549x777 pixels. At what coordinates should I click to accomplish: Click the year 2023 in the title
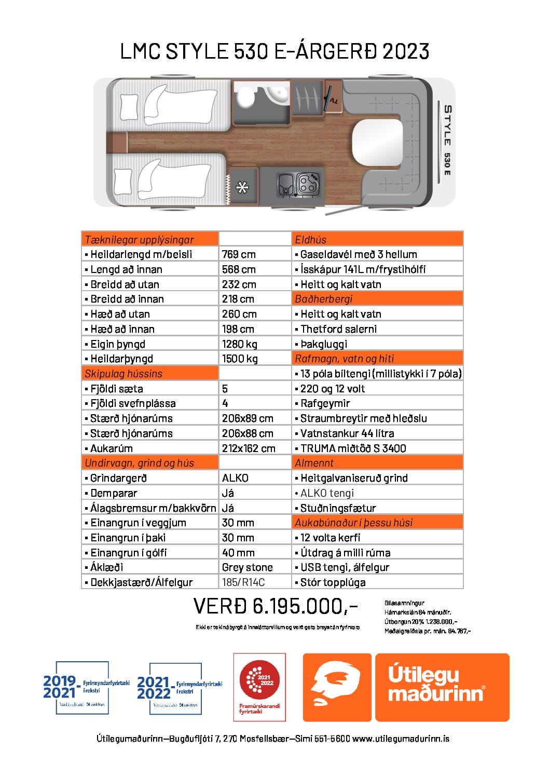coord(406,51)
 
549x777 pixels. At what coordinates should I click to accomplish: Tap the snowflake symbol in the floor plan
coord(242,187)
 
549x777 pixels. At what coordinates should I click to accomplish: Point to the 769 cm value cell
coord(239,254)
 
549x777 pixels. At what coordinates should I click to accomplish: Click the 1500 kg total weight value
coord(240,359)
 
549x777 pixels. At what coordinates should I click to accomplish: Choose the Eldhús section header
coord(311,239)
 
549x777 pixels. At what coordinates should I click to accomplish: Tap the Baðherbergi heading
coord(323,299)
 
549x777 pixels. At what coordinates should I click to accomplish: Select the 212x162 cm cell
coord(249,448)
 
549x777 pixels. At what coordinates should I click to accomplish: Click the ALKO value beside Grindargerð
coord(235,478)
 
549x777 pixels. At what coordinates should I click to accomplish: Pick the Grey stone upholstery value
coord(247,567)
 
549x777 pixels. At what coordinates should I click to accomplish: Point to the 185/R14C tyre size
coord(243,582)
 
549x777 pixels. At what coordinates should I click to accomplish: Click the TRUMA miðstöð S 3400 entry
coord(353,448)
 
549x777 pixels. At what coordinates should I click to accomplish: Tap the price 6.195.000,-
coord(276,606)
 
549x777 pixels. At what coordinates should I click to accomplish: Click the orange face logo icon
coord(337,687)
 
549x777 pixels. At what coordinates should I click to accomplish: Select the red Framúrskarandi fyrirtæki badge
coord(259,687)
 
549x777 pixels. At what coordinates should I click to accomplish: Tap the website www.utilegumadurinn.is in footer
coord(401,739)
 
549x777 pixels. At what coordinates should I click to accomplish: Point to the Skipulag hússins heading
coord(123,374)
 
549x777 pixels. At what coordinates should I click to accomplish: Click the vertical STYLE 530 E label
coord(447,140)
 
